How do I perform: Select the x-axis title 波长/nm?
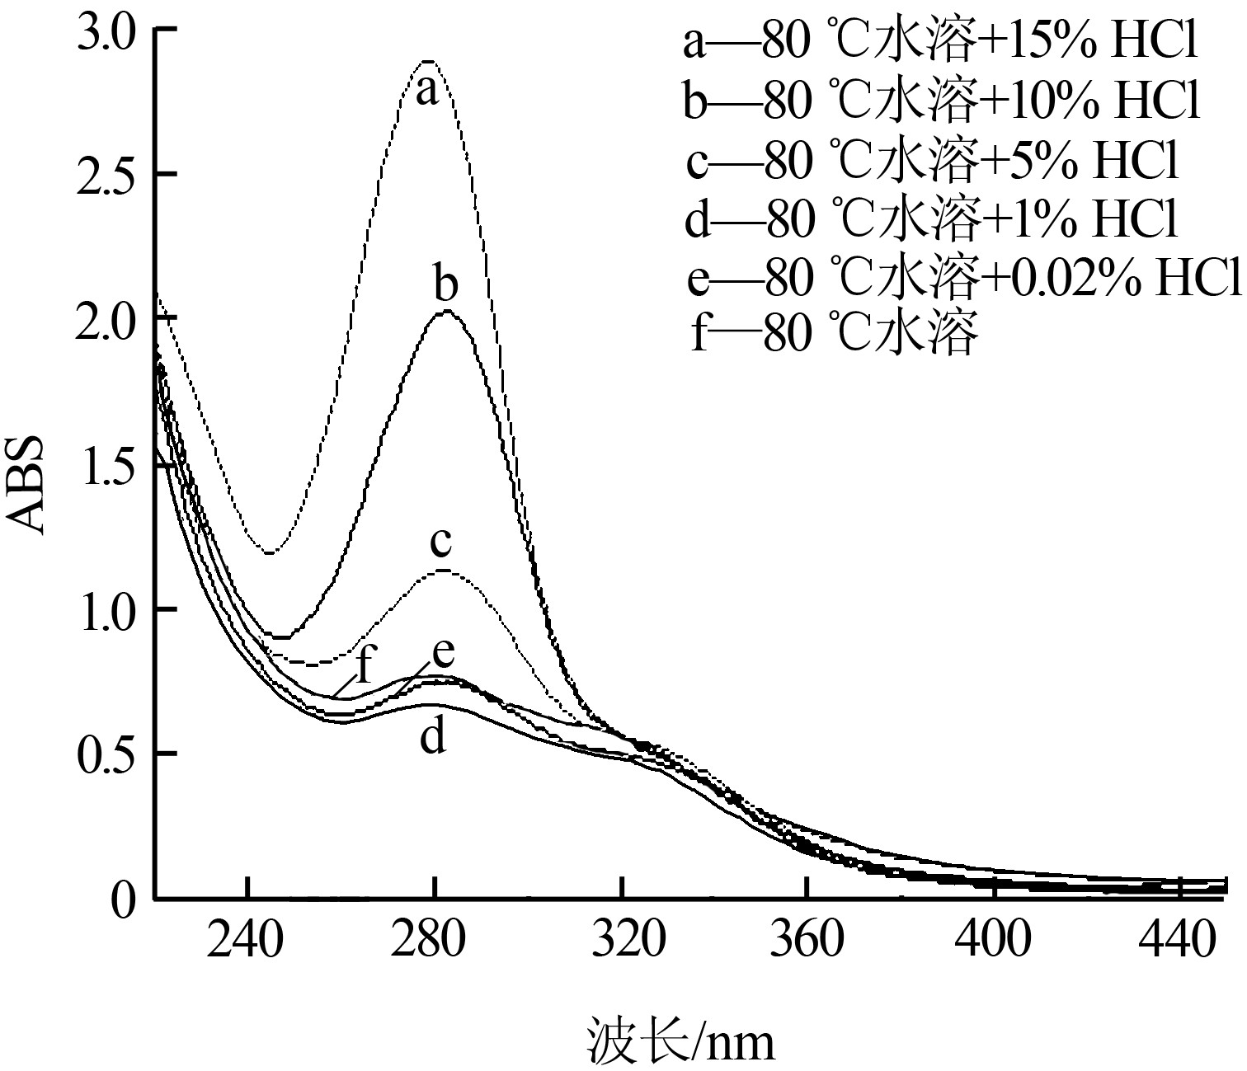tap(682, 1040)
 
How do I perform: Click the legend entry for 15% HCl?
tap(939, 43)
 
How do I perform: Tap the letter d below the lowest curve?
tap(433, 736)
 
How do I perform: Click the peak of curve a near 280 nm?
tap(429, 61)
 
